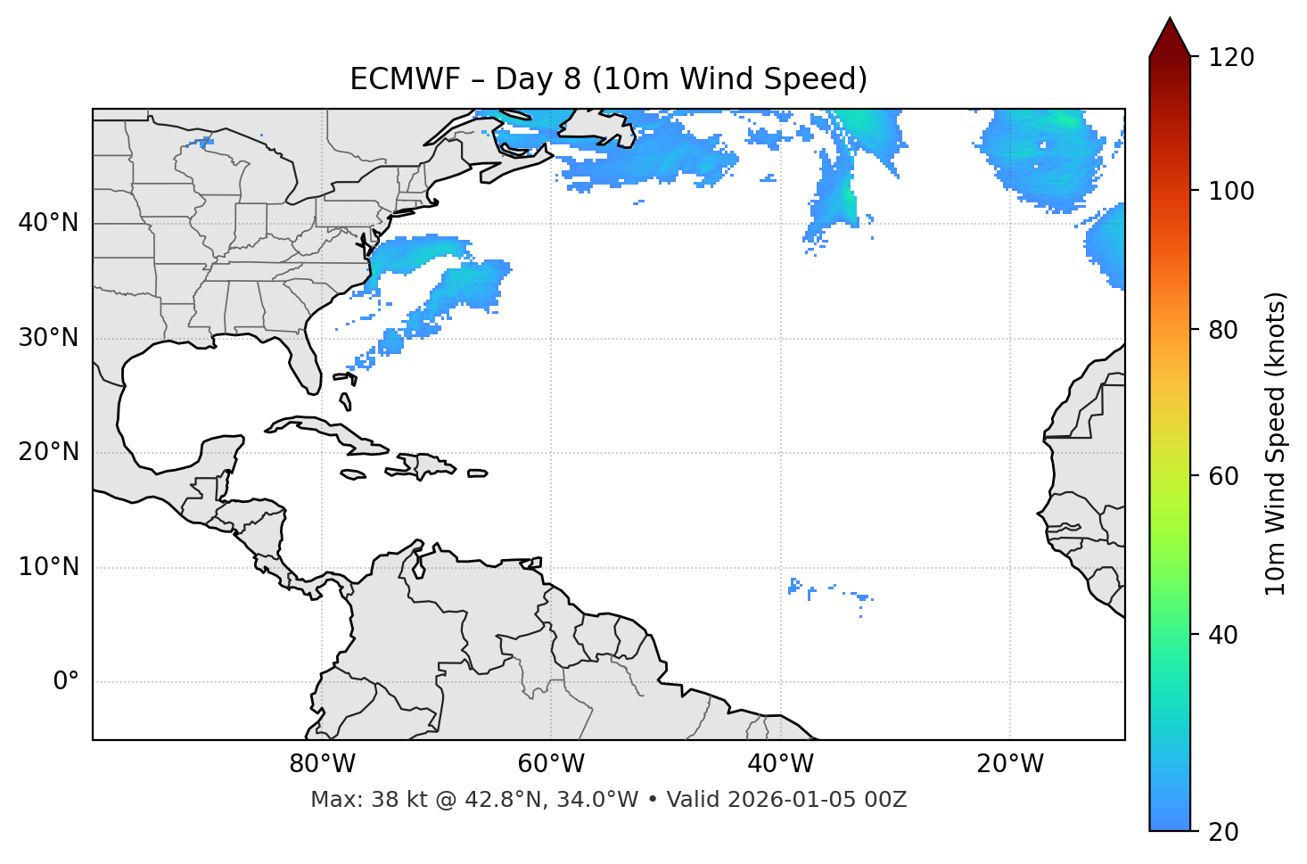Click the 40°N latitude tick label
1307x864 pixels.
[x=48, y=223]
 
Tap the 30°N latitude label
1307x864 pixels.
[x=48, y=338]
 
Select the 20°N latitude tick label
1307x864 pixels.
[x=48, y=452]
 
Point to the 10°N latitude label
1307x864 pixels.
[x=48, y=567]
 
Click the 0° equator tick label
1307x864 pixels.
[x=66, y=682]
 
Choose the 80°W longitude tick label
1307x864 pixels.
[x=322, y=764]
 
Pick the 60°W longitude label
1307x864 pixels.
[x=551, y=764]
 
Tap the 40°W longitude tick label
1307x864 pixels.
[x=780, y=764]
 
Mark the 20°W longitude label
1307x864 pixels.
[x=1010, y=764]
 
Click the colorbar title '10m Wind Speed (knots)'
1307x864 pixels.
[x=1276, y=443]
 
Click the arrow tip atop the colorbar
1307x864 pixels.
[x=1170, y=20]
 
